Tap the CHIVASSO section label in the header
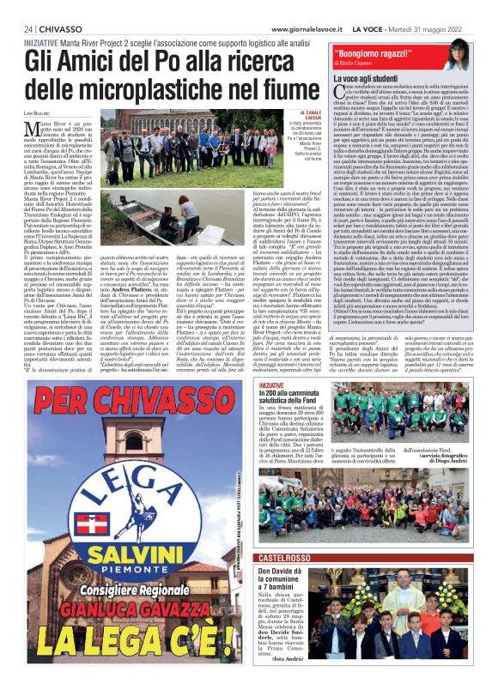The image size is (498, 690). coord(61,28)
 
